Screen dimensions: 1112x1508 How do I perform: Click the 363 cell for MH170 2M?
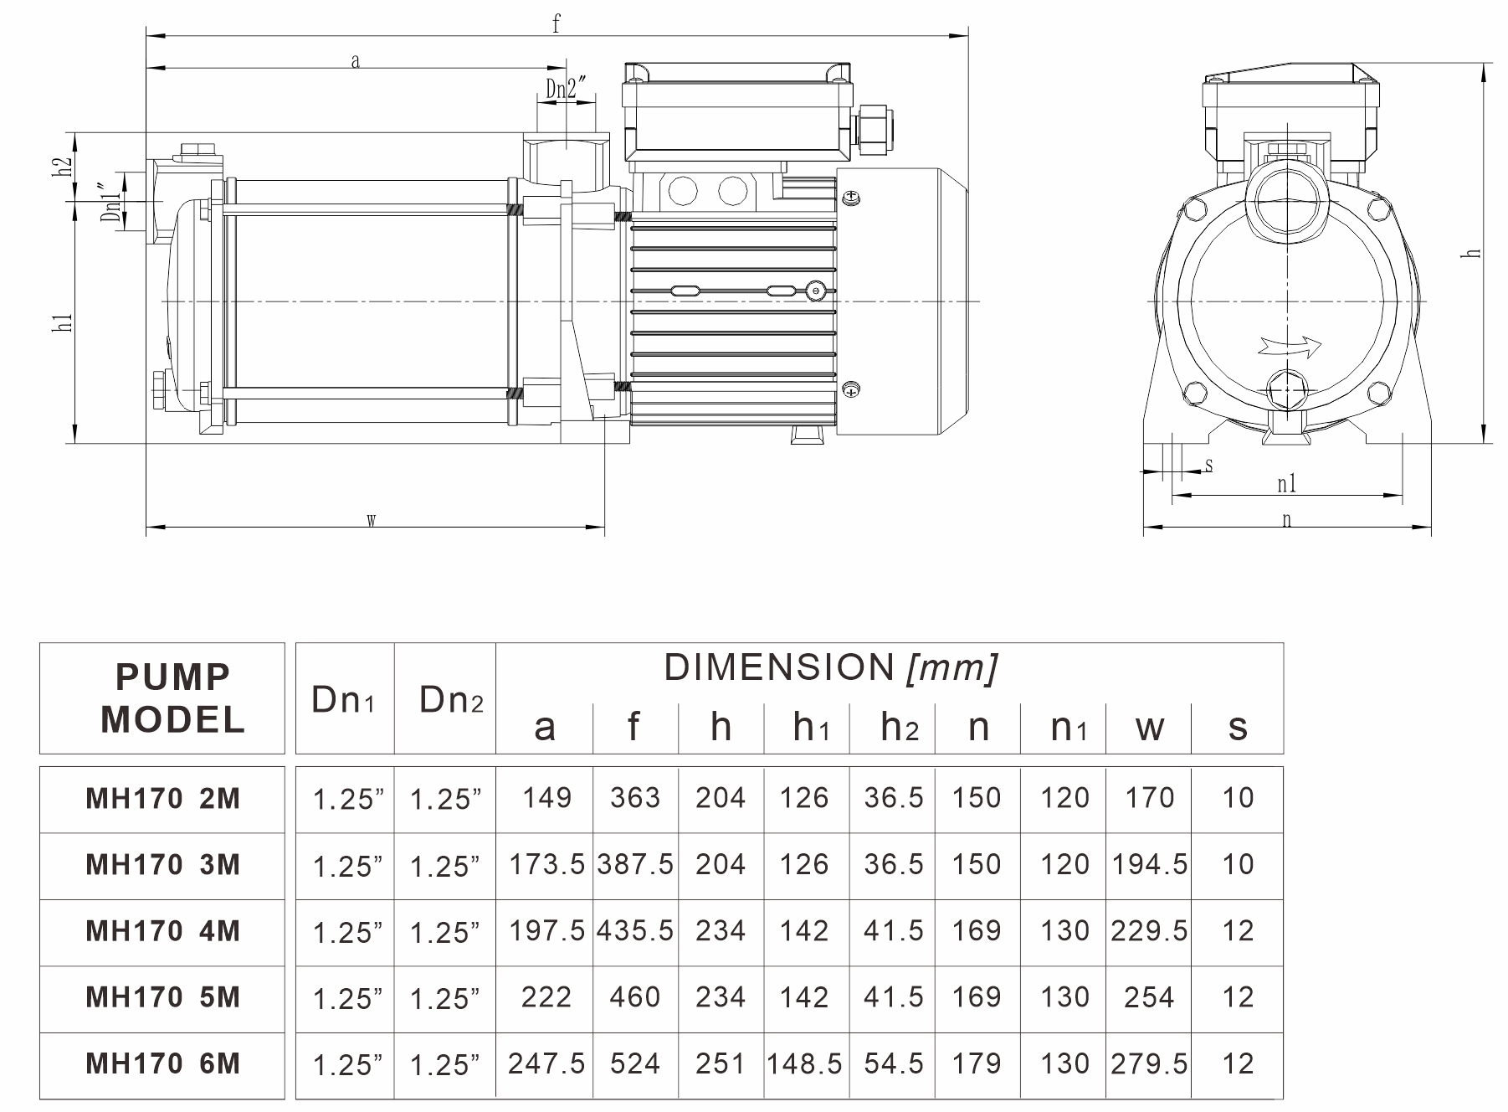pos(635,798)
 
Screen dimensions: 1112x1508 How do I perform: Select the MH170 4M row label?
pos(163,931)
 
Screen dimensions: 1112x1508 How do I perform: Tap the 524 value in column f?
pos(635,1063)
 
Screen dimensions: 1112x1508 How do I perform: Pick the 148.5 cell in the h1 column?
pos(804,1063)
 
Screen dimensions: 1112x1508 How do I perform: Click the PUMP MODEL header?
pos(172,698)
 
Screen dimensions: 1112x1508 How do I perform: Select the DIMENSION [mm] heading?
pos(830,668)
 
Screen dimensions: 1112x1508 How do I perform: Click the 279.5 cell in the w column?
pos(1149,1063)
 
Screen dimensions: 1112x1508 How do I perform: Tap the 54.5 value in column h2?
pos(894,1063)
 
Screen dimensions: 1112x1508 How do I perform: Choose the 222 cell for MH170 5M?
pos(546,997)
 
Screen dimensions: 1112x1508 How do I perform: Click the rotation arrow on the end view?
pos(1289,346)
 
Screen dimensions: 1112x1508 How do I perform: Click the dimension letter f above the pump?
pos(556,23)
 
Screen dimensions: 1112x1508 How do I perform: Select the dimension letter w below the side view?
pos(371,520)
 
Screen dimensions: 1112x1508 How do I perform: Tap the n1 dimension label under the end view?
pos(1286,484)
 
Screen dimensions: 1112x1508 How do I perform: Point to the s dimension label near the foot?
pos(1208,466)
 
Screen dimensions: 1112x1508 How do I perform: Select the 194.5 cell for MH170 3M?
pos(1149,864)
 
